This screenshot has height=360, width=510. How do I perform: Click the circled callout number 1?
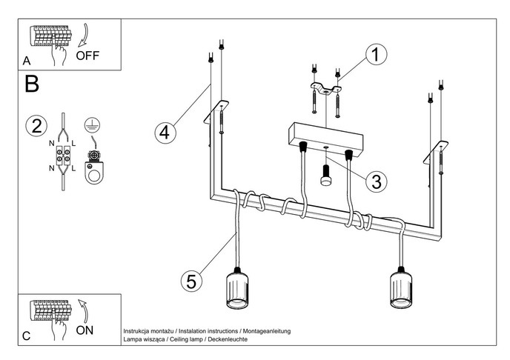point(377,54)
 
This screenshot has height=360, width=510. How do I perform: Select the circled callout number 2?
point(34,125)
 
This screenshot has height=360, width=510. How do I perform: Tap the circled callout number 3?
point(377,180)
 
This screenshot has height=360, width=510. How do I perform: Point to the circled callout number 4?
point(165,133)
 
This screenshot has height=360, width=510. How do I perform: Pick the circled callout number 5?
point(191,281)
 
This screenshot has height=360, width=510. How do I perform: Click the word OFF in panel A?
point(87,56)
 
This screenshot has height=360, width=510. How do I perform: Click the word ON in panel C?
point(85,330)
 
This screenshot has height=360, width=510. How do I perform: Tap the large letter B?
point(32,84)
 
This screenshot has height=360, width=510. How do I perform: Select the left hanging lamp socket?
point(238,290)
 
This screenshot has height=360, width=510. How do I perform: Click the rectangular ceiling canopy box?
point(325,136)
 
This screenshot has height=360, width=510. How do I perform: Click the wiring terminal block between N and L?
point(63,156)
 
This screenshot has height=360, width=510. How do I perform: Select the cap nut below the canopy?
point(325,179)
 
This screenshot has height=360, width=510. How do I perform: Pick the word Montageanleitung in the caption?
point(265,330)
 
